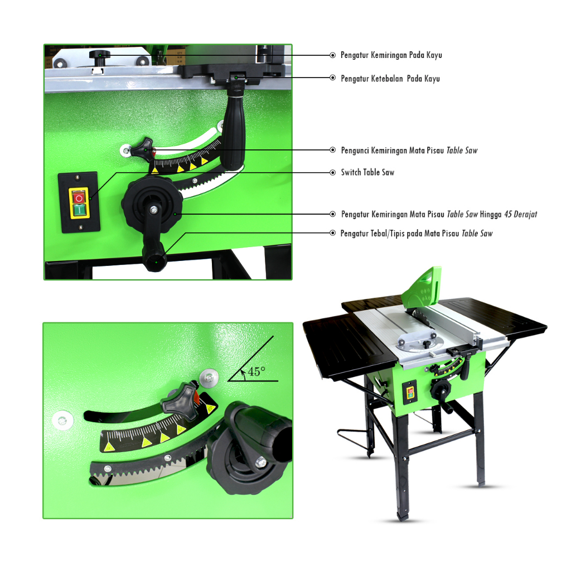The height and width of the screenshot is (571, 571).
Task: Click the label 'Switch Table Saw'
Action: (367, 172)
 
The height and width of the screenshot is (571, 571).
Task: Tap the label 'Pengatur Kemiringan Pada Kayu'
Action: (391, 55)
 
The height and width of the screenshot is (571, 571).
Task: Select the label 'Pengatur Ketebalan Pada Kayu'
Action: (390, 78)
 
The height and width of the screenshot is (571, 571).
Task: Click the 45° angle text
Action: (257, 371)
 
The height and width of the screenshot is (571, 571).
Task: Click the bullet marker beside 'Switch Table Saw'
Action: (332, 173)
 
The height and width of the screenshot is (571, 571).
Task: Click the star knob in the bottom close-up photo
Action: (179, 398)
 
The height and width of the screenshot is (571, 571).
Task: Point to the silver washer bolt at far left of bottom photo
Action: (62, 420)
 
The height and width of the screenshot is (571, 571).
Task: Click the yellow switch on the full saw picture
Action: (410, 393)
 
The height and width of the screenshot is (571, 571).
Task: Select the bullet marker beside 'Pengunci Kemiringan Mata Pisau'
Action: (332, 150)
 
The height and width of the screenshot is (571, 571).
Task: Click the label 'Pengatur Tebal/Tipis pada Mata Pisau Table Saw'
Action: (416, 234)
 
